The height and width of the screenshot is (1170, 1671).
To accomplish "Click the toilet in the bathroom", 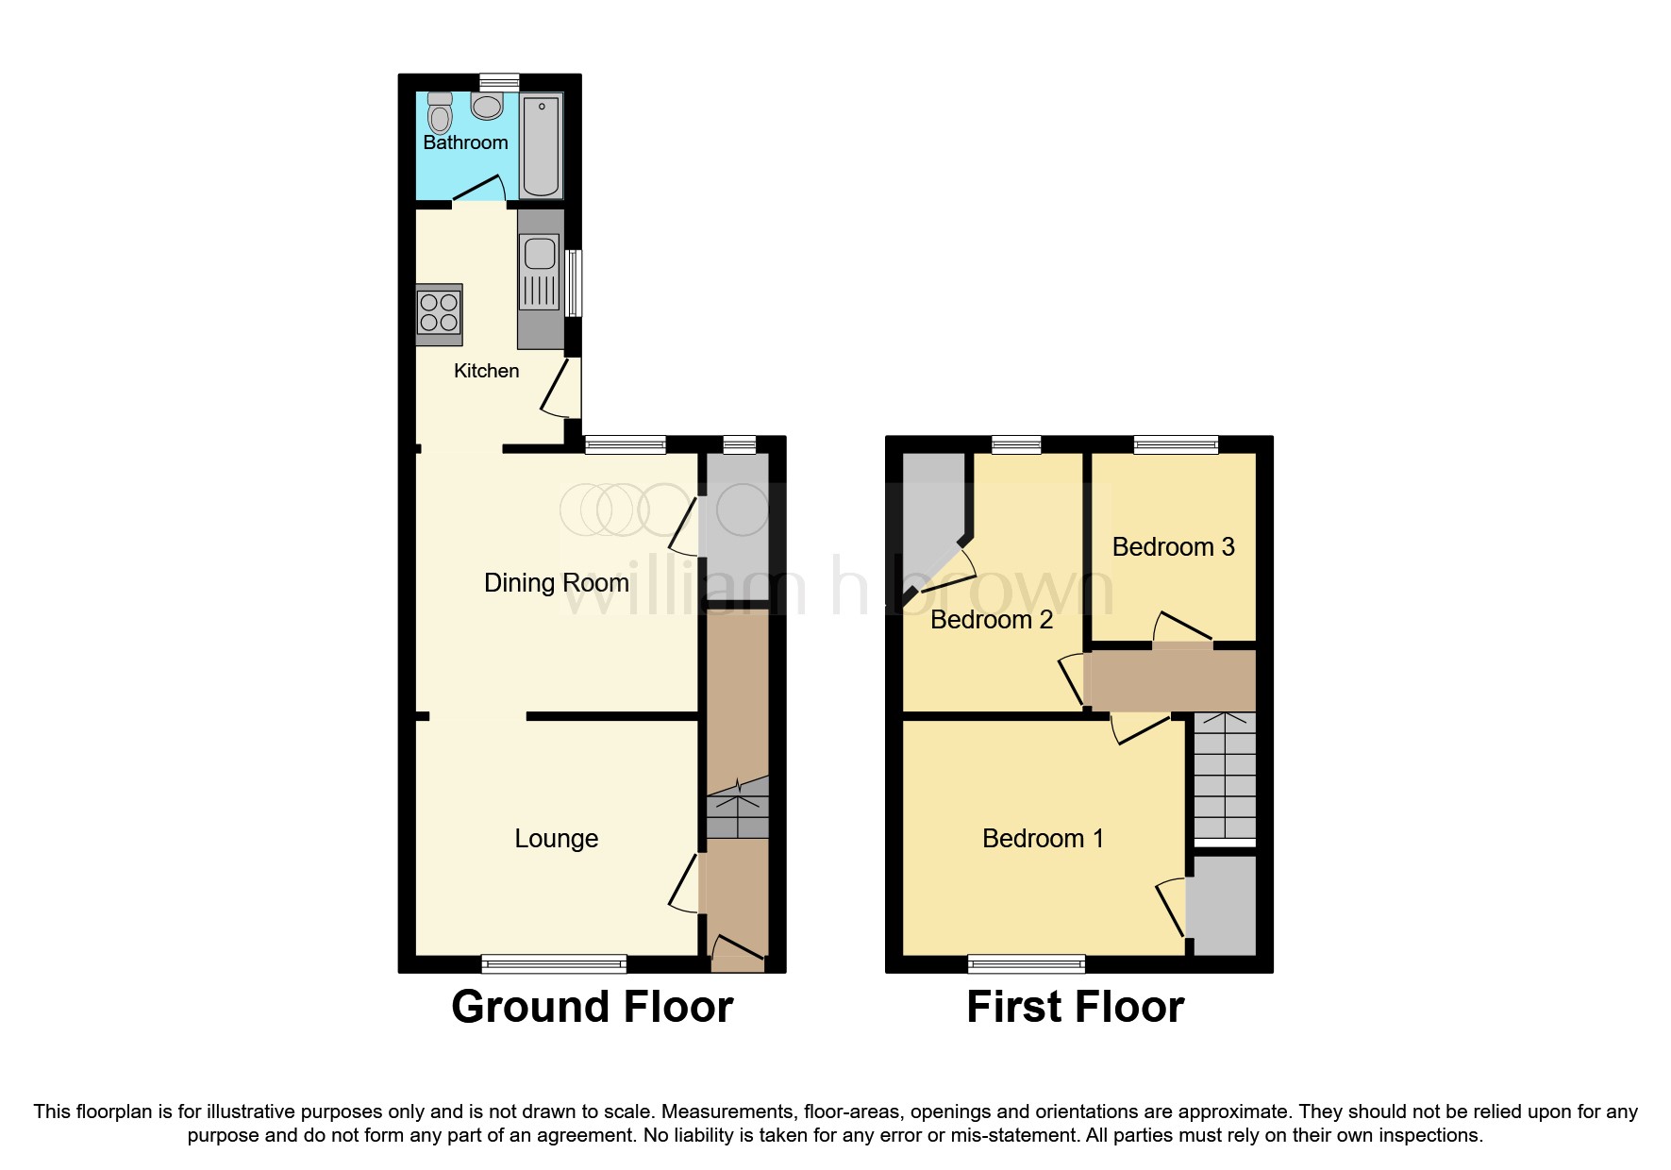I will pos(440,114).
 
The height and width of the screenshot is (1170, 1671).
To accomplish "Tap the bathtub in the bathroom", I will pos(541,144).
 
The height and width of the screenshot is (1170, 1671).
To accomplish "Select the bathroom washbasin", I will pos(487,106).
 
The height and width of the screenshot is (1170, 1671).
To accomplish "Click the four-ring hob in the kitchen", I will pos(439,313).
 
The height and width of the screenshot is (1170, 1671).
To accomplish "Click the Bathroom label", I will pos(465,142).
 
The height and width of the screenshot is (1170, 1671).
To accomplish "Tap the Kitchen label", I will pos(486,371).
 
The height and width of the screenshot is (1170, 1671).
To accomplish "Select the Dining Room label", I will pos(556,583).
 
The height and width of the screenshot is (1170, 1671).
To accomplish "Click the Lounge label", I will pos(556,839).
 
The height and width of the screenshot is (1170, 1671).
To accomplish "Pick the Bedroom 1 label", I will pos(1043,839).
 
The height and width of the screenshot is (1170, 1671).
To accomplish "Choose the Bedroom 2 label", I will pos(991,620).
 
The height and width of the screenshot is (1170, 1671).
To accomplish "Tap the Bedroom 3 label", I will pos(1173,547).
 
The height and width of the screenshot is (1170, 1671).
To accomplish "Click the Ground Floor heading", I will pos(592,1007).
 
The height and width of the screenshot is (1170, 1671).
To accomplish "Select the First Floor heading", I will pos(1075,1007).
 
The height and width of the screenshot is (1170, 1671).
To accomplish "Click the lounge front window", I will pos(554,963).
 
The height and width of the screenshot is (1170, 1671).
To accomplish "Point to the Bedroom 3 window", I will pos(1176,444).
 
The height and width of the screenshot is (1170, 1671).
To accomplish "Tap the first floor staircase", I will pos(1225,776).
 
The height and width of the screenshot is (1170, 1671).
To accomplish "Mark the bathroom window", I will pos(499,82).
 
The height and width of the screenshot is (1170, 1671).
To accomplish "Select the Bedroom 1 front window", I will pos(1027,963).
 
